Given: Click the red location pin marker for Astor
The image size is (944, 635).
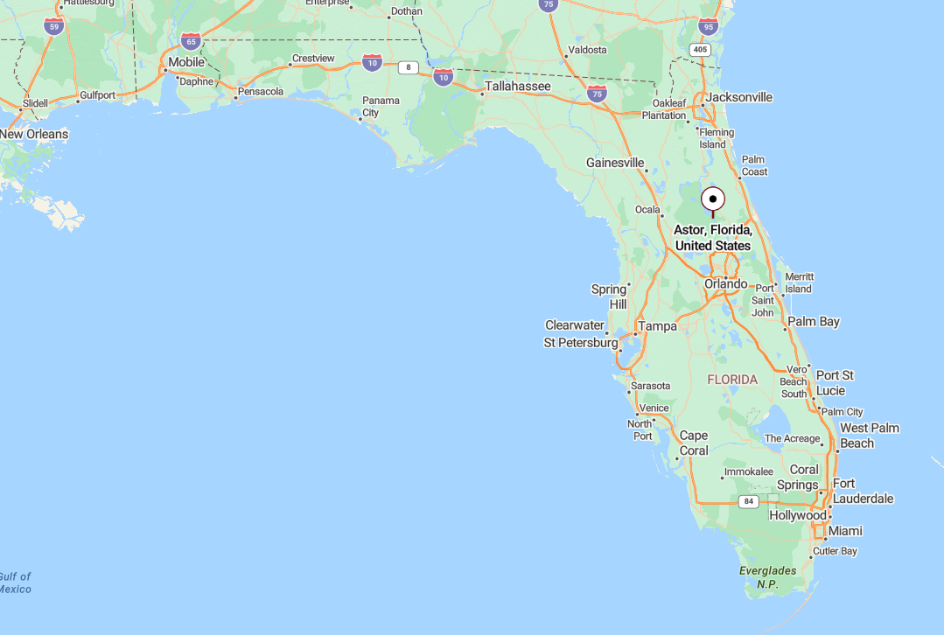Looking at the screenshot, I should pos(713,199).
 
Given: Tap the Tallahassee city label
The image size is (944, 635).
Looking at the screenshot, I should pos(518,87).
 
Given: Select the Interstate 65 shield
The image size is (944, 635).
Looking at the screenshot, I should pos(191,40).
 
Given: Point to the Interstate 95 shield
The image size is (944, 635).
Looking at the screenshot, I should pos(708,26).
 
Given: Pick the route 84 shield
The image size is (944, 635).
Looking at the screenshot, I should pos(747,501).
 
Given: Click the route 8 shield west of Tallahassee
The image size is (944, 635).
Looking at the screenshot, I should pos(407,67).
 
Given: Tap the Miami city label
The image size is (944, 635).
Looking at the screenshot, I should pos(845,531).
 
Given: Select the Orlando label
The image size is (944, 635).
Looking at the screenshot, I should pos(726,284).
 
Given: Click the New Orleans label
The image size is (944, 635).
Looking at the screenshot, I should pos(34,134).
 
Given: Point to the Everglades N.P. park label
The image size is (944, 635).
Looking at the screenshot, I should pos(767,577).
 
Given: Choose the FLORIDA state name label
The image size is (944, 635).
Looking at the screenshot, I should pos(732,380).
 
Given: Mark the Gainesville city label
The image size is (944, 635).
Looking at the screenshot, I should pos(615,163).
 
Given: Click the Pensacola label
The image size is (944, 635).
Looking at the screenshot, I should pos(261,91).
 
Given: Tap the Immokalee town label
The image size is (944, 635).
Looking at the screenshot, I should pos(748,472).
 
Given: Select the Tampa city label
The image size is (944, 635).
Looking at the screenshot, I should pos(657,326).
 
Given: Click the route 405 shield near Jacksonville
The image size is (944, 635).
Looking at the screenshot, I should pos(699,50).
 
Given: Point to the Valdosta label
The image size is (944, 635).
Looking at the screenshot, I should pos(587,50).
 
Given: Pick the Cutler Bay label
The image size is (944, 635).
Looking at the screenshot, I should pos(835,551).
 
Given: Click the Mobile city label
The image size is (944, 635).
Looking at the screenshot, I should pos(186,62).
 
